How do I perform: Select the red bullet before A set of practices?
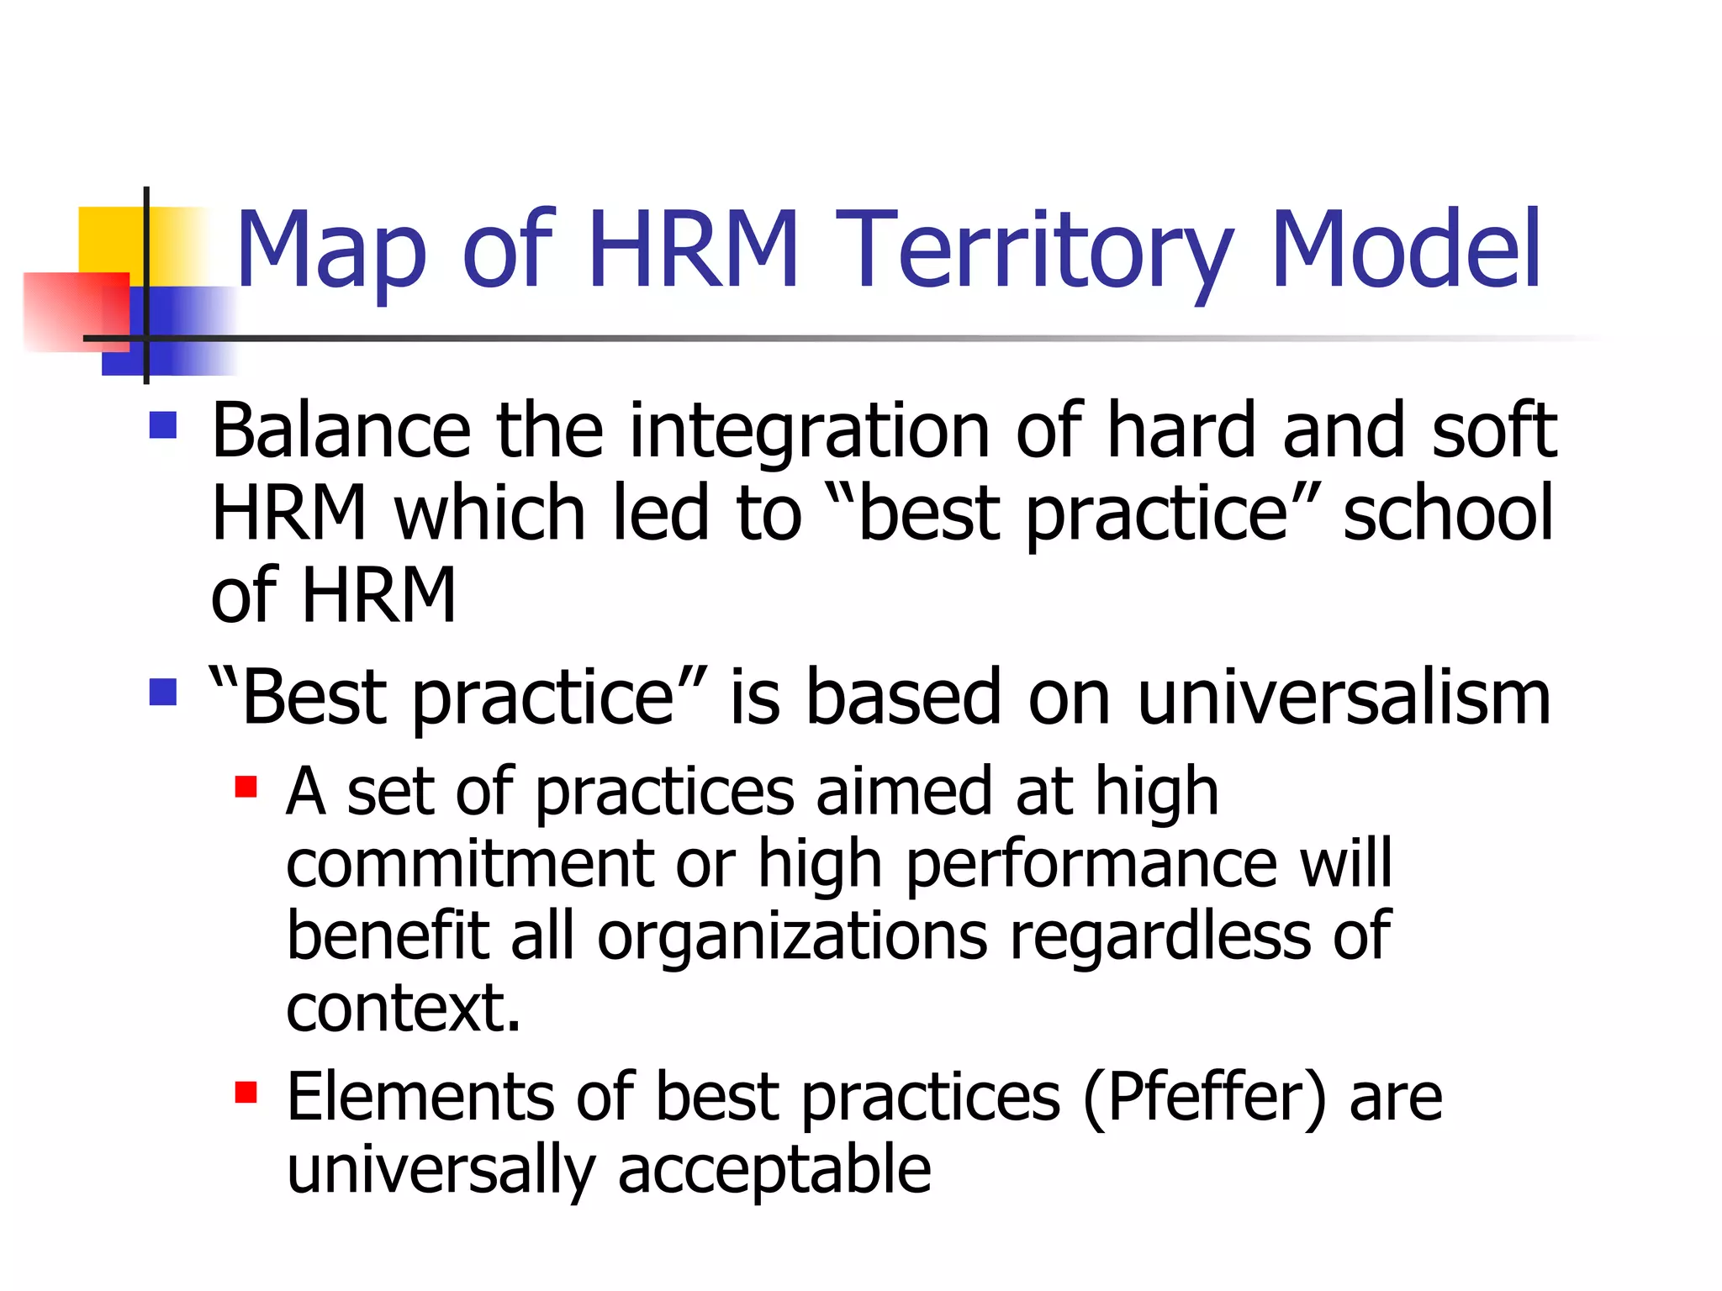click(x=246, y=787)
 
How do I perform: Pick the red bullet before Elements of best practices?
click(x=246, y=1092)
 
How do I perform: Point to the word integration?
click(x=809, y=432)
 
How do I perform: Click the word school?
click(x=1447, y=513)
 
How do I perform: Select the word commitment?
click(x=469, y=864)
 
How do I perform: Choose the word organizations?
click(x=791, y=938)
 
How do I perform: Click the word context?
click(x=402, y=1009)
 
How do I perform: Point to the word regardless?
click(x=1159, y=936)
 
